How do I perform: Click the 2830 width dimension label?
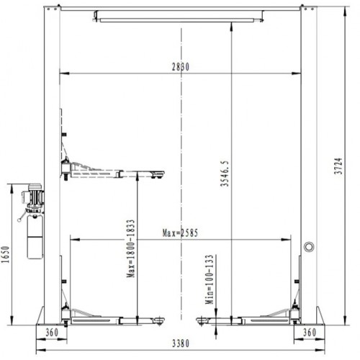point(180,67)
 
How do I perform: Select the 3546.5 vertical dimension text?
point(225,174)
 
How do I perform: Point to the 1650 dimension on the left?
point(6,255)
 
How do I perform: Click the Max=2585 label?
point(181,233)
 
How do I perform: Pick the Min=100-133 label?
point(209,278)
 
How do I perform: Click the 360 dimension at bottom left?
point(51,333)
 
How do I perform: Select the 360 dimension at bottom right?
point(309,333)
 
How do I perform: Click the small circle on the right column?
point(309,246)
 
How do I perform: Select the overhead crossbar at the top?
point(180,15)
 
